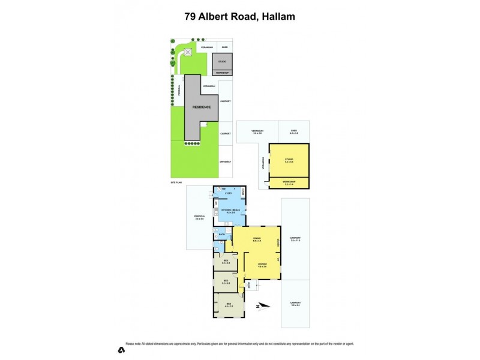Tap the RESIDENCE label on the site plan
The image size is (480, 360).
pyautogui.click(x=202, y=107)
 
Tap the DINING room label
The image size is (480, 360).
pyautogui.click(x=256, y=239)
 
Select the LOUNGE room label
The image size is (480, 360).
pyautogui.click(x=262, y=264)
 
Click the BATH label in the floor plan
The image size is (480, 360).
pyautogui.click(x=221, y=235)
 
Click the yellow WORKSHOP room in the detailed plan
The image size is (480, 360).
pyautogui.click(x=289, y=183)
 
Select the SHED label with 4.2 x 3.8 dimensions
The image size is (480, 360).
pyautogui.click(x=294, y=131)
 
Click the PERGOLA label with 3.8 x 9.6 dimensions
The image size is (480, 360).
pyautogui.click(x=200, y=217)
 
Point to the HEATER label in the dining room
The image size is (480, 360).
pyautogui.click(x=278, y=242)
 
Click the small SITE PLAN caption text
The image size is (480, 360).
pyautogui.click(x=176, y=181)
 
